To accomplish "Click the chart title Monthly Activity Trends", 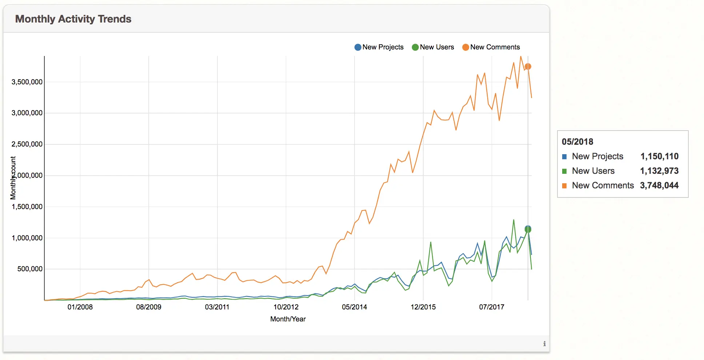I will tap(73, 19).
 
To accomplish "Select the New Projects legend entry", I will tap(379, 47).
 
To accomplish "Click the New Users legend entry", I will tap(433, 47).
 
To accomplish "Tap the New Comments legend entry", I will tap(491, 47).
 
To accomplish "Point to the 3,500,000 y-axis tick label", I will tap(27, 82).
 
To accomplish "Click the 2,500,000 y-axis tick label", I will tap(27, 144).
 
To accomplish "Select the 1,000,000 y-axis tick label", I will tap(27, 238).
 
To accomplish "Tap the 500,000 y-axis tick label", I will tap(30, 269).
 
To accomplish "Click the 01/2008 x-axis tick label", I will tap(80, 307).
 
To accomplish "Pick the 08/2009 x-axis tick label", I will tap(148, 307).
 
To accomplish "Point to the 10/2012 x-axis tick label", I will tap(286, 307).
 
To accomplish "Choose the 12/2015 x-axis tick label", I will tap(423, 307).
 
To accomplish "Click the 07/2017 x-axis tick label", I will tap(492, 307).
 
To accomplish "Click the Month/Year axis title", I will tap(288, 319).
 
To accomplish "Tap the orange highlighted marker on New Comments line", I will tap(528, 67).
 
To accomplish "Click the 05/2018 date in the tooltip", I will tap(577, 142).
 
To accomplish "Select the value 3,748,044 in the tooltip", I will tap(659, 185).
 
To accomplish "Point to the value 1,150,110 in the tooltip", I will tap(659, 156).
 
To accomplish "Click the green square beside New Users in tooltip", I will tap(564, 171).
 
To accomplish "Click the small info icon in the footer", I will tap(544, 344).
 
